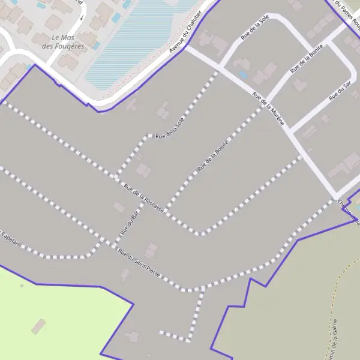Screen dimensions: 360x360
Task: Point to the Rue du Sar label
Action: pyautogui.click(x=339, y=91)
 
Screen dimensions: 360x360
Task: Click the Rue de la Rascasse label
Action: pyautogui.click(x=143, y=200)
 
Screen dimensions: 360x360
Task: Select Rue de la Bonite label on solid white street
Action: pyautogui.click(x=306, y=59)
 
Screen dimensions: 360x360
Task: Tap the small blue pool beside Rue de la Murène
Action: pyautogui.click(x=242, y=74)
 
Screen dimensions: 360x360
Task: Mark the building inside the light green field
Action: pyautogui.click(x=38, y=326)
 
